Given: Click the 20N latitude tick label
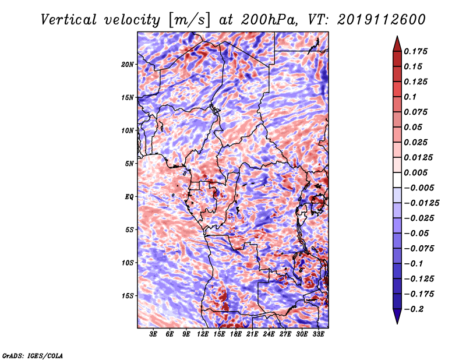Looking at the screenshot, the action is [127, 65].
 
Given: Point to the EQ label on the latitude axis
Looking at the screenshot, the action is [129, 197].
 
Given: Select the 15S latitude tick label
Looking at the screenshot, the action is [128, 296].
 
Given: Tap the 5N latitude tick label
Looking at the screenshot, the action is [129, 164].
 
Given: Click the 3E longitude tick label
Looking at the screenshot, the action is [153, 334].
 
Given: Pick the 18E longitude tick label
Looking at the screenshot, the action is [236, 334].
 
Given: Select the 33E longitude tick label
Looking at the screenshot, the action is [318, 334].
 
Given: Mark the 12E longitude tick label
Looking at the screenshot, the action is [203, 334].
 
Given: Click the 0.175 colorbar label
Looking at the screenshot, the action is [415, 51].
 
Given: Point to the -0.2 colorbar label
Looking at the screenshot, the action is [414, 309].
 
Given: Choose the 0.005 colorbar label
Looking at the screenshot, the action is [415, 172].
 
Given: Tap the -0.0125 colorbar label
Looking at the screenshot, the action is [421, 203].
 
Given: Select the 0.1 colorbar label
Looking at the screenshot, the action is [410, 97].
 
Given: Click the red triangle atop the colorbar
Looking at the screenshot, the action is [397, 44].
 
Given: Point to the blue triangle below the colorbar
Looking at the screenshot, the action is [397, 316].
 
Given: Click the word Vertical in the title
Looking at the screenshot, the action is [69, 20].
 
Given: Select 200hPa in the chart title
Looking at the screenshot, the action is [269, 20].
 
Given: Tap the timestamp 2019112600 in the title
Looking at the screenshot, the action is [382, 20].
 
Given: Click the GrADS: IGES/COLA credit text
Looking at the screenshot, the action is [33, 356].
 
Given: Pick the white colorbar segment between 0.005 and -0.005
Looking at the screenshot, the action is [397, 180].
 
